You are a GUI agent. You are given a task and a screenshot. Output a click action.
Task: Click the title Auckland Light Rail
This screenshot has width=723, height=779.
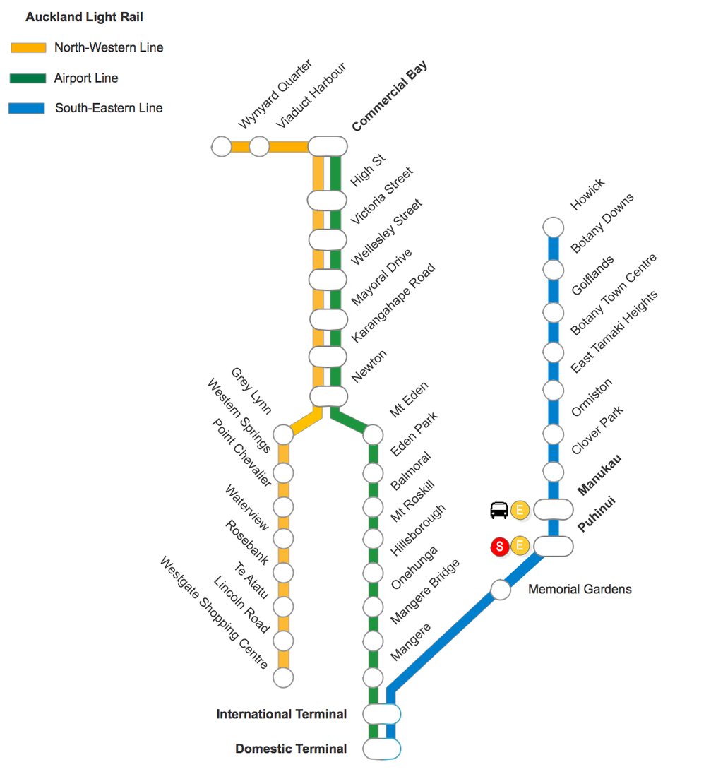84,17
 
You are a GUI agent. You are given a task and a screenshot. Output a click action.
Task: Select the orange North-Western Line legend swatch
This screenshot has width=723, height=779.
28,48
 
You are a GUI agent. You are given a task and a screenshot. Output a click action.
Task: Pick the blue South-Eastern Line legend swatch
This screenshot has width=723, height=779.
27,109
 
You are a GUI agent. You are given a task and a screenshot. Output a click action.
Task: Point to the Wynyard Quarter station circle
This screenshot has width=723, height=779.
221,147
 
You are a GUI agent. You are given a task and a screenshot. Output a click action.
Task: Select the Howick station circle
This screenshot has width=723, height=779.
554,227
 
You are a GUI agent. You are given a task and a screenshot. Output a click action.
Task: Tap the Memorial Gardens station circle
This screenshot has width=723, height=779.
501,590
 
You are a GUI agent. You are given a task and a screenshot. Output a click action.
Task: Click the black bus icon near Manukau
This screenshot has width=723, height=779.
499,510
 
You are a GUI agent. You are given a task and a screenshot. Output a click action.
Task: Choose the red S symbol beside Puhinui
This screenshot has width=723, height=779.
500,546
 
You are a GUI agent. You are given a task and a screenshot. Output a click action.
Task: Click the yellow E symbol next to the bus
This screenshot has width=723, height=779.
520,510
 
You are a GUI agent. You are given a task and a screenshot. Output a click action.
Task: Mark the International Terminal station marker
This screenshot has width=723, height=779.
382,714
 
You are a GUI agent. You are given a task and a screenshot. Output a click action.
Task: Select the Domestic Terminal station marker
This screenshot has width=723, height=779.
382,749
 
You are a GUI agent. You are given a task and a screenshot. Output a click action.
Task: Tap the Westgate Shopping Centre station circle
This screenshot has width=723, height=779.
283,677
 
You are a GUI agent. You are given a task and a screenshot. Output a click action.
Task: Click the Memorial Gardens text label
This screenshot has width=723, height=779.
580,589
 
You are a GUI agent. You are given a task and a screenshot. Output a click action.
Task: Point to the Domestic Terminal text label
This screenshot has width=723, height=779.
291,749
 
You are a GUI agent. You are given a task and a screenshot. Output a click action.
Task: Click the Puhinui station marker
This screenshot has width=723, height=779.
553,546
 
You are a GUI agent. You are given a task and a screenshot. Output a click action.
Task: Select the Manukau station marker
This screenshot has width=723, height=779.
553,509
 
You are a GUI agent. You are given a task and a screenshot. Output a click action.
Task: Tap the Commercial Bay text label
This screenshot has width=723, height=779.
390,97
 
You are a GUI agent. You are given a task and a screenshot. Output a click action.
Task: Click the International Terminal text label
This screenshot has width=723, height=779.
282,714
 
